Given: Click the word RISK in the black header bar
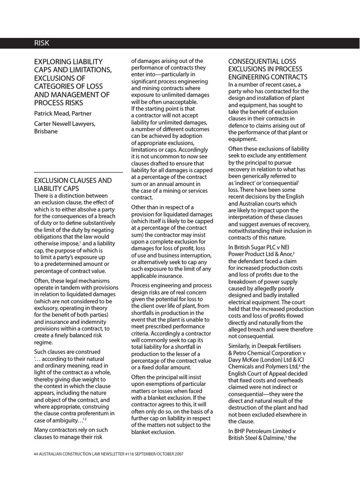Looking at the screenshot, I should (41, 43).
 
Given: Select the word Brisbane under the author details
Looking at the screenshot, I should (46, 131).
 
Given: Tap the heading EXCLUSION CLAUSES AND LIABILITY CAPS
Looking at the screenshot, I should (73, 184).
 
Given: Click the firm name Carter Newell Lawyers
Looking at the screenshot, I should (65, 124).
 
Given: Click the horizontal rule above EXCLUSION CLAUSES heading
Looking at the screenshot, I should (78, 172).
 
